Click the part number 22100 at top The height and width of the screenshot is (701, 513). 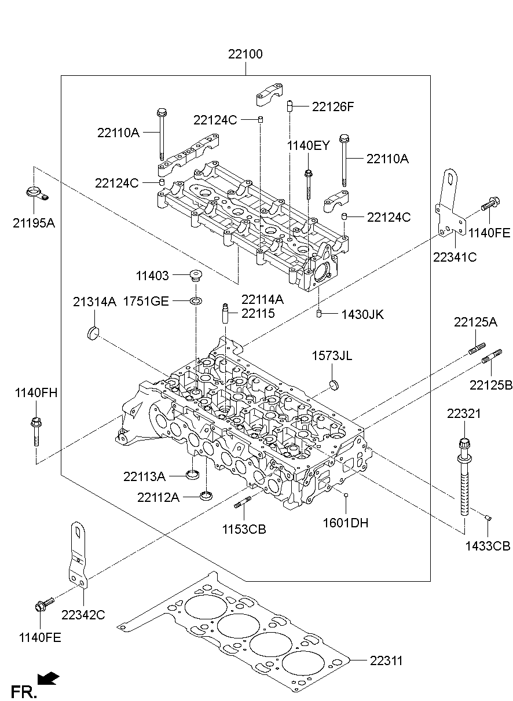click(245, 55)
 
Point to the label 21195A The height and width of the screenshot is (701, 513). click(34, 222)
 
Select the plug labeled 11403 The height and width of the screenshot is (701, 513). click(196, 276)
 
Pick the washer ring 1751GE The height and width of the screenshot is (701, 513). click(196, 300)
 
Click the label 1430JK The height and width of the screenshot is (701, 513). click(362, 314)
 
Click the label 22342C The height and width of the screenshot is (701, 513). click(83, 615)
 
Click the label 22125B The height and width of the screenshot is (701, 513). click(490, 385)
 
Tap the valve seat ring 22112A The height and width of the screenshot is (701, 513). click(205, 496)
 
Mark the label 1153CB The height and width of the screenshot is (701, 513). click(244, 528)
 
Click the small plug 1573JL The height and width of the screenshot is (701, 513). click(333, 384)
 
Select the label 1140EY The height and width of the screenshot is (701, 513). click(308, 145)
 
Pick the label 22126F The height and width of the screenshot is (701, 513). click(332, 107)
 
